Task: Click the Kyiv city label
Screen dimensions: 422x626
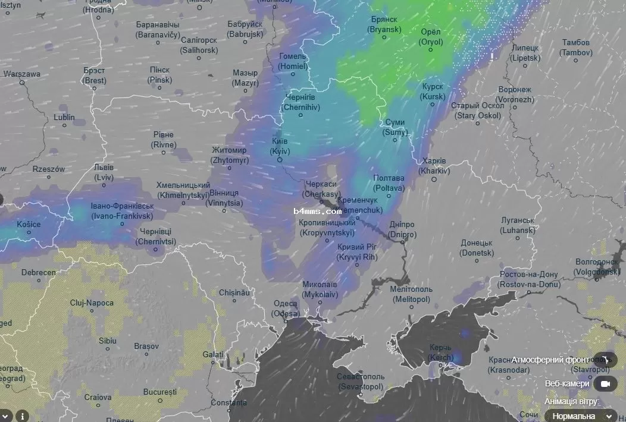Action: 279,147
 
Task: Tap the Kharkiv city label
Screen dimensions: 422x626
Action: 433,166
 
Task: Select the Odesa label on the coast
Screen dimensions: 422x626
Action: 286,308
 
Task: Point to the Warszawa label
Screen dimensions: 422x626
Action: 22,74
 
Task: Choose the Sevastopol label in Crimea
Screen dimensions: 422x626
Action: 361,382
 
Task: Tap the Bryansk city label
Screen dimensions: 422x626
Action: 383,24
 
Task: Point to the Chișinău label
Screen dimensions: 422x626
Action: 233,293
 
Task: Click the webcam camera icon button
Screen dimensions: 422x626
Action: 605,383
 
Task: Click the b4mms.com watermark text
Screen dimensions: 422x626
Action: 318,211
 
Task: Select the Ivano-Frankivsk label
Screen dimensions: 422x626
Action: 122,211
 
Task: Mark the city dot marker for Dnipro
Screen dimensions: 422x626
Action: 402,242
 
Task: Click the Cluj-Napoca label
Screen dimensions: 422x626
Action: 92,303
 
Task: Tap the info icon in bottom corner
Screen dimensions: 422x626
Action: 22,415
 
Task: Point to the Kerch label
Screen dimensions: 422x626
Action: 441,352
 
